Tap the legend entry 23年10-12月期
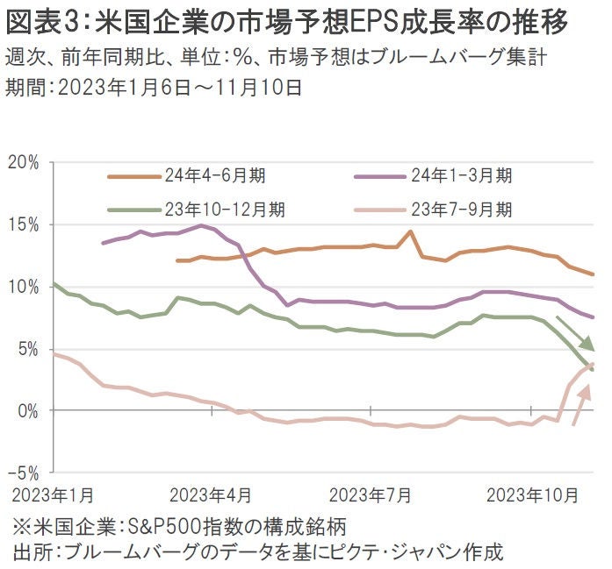pyautogui.click(x=223, y=210)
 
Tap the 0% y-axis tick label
pyautogui.click(x=28, y=410)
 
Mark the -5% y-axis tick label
pyautogui.click(x=25, y=473)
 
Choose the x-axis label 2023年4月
pyautogui.click(x=211, y=496)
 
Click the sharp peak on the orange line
pyautogui.click(x=410, y=231)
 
